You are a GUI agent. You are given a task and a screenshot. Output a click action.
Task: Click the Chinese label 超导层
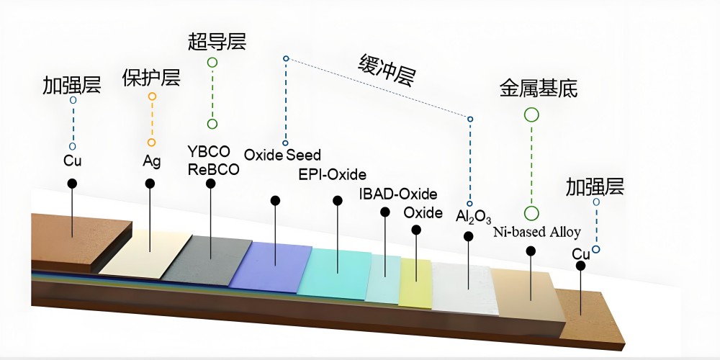tap(217, 42)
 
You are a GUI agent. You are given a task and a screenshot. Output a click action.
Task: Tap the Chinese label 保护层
tap(150, 77)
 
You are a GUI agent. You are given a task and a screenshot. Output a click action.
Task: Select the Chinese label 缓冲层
tap(387, 71)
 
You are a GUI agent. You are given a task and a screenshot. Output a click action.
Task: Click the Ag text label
tap(151, 160)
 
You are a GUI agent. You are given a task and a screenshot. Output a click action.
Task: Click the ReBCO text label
tap(213, 169)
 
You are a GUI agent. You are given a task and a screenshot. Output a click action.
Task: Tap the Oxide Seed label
tap(282, 155)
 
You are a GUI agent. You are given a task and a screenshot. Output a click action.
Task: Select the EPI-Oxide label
tap(332, 175)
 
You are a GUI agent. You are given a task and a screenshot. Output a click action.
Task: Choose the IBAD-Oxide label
tap(398, 194)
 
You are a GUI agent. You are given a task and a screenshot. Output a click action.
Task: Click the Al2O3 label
tap(473, 215)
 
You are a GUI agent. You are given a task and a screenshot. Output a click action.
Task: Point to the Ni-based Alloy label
tap(536, 233)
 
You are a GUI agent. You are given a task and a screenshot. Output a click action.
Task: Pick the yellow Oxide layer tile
tap(415, 283)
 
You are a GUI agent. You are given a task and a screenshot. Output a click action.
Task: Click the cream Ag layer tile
tap(144, 253)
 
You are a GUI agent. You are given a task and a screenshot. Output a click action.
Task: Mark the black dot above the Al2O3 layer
tap(469, 236)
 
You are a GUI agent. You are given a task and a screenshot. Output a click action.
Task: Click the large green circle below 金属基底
tap(531, 114)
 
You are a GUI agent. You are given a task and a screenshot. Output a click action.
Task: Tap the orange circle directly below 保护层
tap(152, 96)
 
